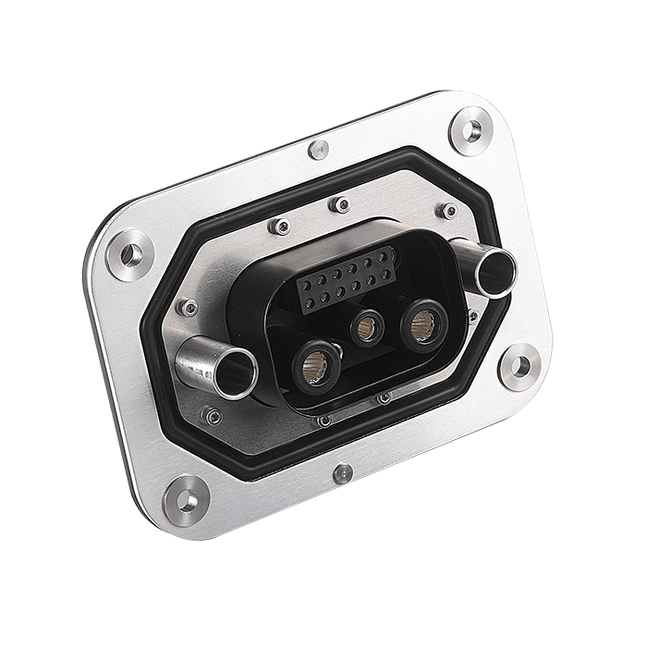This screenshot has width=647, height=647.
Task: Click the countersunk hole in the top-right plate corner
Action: pyautogui.click(x=470, y=130)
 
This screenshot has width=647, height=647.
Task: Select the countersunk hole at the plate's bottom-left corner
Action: pyautogui.click(x=186, y=500)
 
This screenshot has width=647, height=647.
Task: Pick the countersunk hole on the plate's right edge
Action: pyautogui.click(x=519, y=366)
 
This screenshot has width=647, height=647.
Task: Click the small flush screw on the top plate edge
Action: pyautogui.click(x=319, y=149)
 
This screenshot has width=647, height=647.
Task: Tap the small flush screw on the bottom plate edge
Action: pyautogui.click(x=343, y=474)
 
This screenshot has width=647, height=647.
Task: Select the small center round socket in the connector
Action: pyautogui.click(x=368, y=326)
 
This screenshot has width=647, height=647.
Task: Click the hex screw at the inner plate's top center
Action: pyautogui.click(x=341, y=204)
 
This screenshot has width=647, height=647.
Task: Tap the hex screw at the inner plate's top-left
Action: pyautogui.click(x=278, y=226)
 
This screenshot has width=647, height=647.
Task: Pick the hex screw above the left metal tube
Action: pyautogui.click(x=188, y=308)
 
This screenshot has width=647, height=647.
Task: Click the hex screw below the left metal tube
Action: pyautogui.click(x=213, y=417)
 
